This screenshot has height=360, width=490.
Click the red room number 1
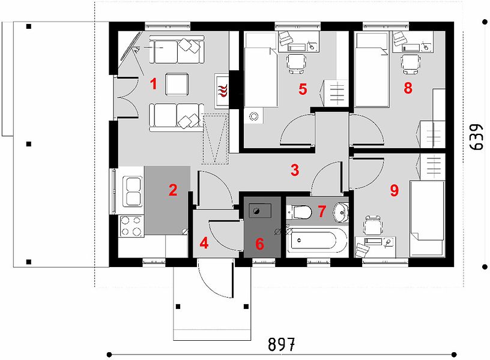pyautogui.click(x=153, y=84)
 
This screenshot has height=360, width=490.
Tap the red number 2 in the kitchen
pyautogui.click(x=173, y=190)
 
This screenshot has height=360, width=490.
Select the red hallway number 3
pyautogui.click(x=295, y=170)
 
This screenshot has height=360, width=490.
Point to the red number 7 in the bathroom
pyautogui.click(x=322, y=211)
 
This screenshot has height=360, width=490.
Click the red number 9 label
pyautogui.click(x=395, y=190)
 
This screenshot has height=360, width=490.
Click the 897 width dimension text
pyautogui.click(x=281, y=344)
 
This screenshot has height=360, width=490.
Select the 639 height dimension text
pyautogui.click(x=477, y=137)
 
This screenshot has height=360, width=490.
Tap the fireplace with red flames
pyautogui.click(x=222, y=91)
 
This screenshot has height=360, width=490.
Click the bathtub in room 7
pyautogui.click(x=316, y=240)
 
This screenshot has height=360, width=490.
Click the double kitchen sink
pyautogui.click(x=133, y=191)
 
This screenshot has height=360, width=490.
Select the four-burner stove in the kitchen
pyautogui.click(x=132, y=226)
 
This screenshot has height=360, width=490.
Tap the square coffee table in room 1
pyautogui.click(x=177, y=85)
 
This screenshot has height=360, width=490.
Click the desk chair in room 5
pyautogui.click(x=296, y=64)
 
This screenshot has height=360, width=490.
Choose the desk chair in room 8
pyautogui.click(x=411, y=64)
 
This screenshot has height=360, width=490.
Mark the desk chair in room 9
pyautogui.click(x=372, y=226)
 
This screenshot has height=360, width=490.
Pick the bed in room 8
pyautogui.click(x=372, y=70)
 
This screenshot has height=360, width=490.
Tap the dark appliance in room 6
pyautogui.click(x=259, y=211)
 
